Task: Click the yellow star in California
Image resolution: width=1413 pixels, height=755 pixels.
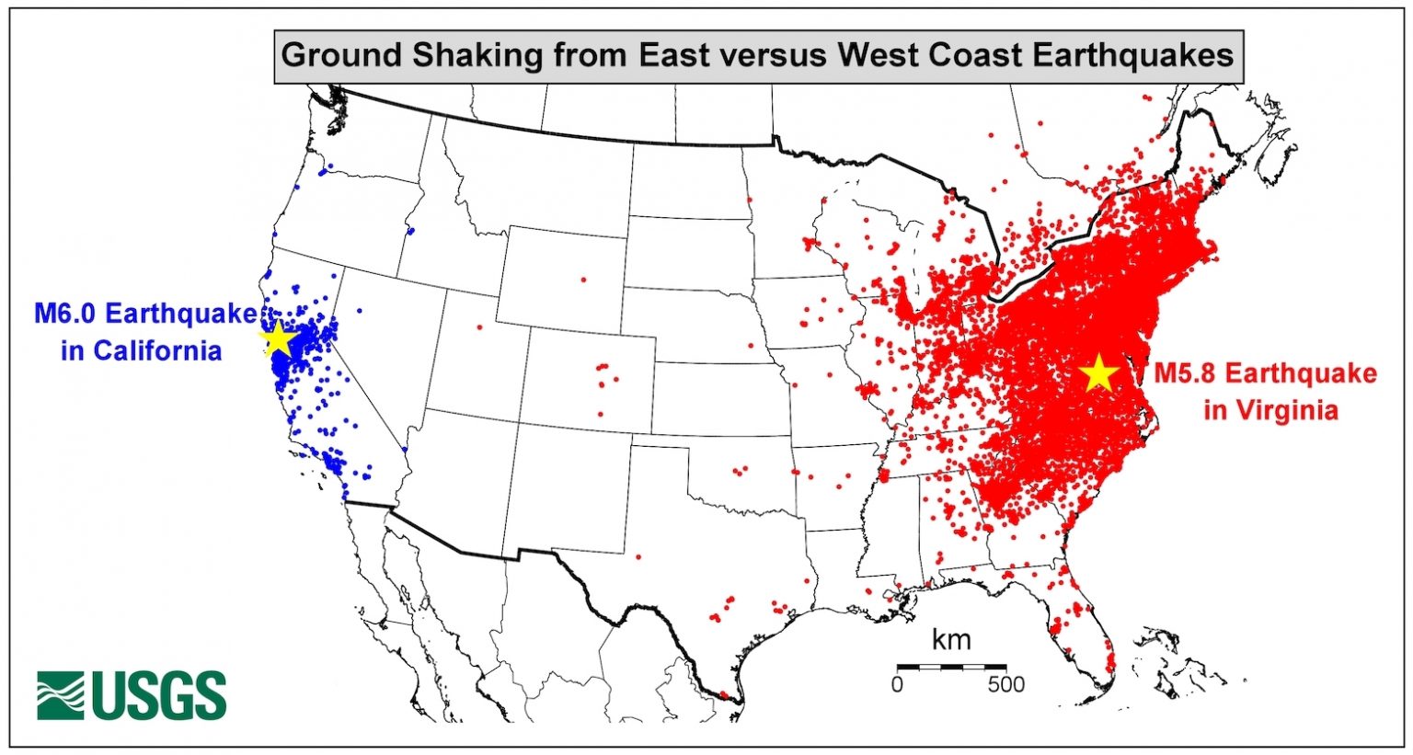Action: coord(278,340)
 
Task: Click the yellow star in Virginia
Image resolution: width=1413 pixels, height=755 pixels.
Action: coord(1097,374)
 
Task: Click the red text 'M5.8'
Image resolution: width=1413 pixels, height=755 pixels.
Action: coord(1186,373)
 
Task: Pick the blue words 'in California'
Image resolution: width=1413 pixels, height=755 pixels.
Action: coord(142,351)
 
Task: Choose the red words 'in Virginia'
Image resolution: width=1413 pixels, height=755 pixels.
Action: coord(1270,409)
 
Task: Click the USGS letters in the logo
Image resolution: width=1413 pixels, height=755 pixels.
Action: coord(159,696)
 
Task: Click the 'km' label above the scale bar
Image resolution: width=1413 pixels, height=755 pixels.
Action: coord(950,640)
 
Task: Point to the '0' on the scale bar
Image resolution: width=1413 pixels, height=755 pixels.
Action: coord(897,685)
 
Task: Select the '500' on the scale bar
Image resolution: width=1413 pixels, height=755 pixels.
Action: coord(1005,685)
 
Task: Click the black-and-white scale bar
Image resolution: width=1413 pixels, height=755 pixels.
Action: coord(951,666)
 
